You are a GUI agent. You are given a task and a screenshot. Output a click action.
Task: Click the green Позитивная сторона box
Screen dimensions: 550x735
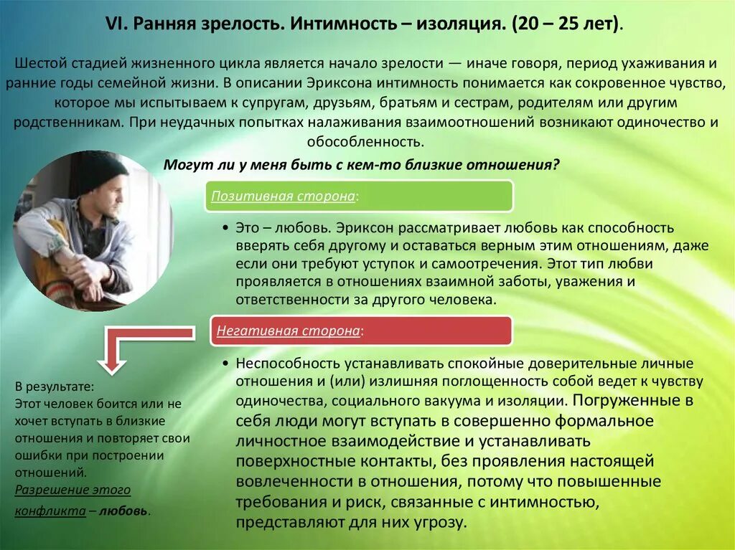pyautogui.click(x=359, y=196)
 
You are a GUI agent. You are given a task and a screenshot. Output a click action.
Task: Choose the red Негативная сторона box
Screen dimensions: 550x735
pyautogui.click(x=359, y=330)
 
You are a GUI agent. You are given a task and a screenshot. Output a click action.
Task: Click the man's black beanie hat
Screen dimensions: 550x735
pyautogui.click(x=100, y=171)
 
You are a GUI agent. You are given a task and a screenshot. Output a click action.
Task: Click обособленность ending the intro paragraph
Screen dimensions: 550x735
pyautogui.click(x=367, y=141)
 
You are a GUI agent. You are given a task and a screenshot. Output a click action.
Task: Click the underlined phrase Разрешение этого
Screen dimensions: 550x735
pyautogui.click(x=72, y=490)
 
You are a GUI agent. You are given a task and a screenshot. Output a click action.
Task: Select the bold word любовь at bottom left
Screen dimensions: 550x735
pyautogui.click(x=123, y=511)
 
